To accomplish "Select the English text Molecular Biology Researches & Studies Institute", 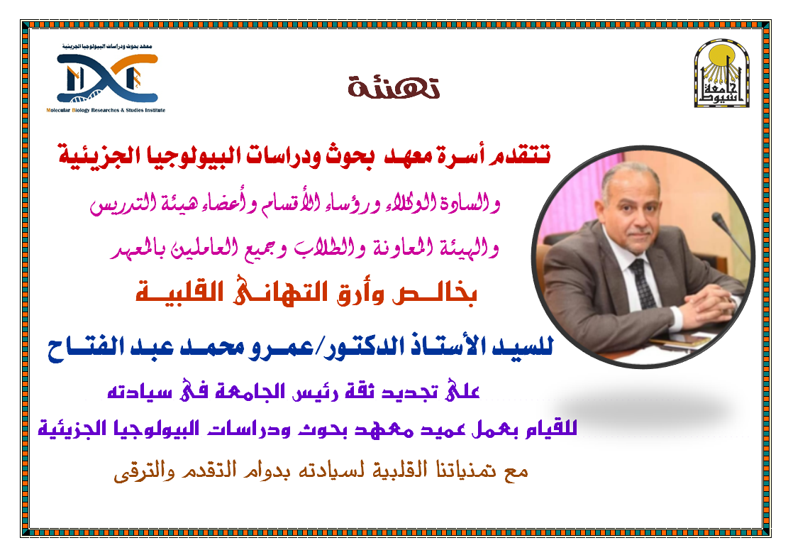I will [104, 111].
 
